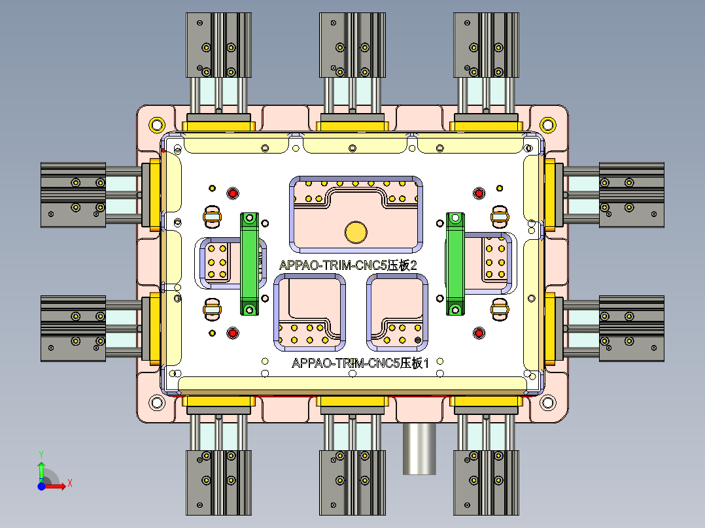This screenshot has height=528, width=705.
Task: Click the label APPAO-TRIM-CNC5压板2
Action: click(348, 265)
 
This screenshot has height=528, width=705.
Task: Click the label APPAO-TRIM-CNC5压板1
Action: click(360, 363)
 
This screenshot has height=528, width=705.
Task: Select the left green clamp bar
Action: click(249, 263)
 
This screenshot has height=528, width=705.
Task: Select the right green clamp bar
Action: click(455, 263)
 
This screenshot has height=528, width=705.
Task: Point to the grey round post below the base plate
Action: click(419, 448)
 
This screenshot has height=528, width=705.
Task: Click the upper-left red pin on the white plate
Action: click(233, 193)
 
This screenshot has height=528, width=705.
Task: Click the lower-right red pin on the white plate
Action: click(479, 333)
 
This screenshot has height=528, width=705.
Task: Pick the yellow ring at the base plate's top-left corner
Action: click(157, 124)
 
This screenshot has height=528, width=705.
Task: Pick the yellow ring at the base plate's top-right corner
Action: click(547, 124)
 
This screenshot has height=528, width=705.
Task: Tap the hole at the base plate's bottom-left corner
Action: click(157, 403)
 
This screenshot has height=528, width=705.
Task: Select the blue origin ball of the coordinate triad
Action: click(41, 486)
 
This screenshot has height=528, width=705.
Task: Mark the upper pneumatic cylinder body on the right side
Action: click(632, 195)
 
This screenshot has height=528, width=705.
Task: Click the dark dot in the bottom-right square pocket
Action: click(417, 340)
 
